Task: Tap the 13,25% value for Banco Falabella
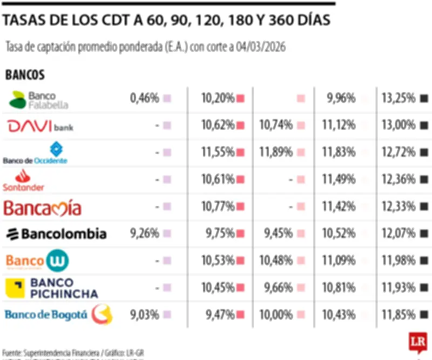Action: pos(398,98)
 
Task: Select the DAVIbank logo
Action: pos(40,126)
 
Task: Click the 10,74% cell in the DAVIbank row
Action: pos(275,125)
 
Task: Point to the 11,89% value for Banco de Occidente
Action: pos(275,152)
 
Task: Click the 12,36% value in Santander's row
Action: pos(398,179)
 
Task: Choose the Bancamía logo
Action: pos(43,208)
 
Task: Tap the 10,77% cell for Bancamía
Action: pos(218,206)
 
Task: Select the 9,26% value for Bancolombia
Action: pos(144,234)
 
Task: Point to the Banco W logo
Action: pos(37,261)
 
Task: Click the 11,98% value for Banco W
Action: pos(398,261)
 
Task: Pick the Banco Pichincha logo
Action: pos(52,288)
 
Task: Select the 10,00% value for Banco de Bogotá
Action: pos(275,315)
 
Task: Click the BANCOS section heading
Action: pos(25,75)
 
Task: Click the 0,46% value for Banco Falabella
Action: pos(144,98)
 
